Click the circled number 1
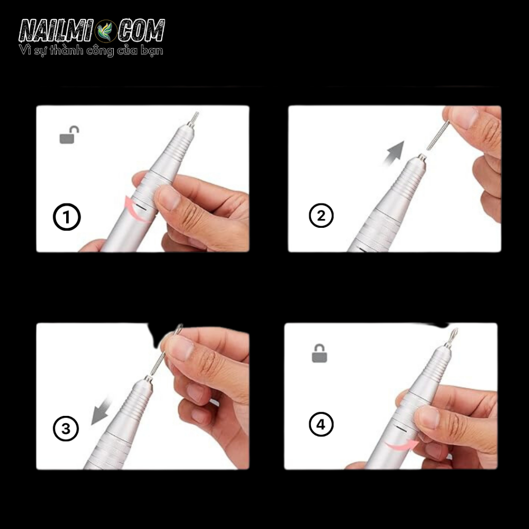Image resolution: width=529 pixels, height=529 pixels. (67, 217)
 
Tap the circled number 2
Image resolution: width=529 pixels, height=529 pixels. (321, 215)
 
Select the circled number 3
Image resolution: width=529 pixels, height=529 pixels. (66, 428)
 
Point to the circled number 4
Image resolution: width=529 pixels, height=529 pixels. (321, 424)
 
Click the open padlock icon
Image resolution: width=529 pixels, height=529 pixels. (69, 135)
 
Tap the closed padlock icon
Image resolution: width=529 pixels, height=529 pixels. (319, 353)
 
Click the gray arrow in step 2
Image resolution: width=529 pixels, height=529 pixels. (394, 153)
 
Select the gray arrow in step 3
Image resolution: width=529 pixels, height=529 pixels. (101, 411)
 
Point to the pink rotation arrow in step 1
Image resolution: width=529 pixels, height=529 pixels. (135, 209)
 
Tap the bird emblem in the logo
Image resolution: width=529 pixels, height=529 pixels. (105, 31)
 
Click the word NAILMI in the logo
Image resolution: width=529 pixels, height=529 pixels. (56, 31)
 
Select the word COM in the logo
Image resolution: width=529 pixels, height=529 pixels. (141, 30)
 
